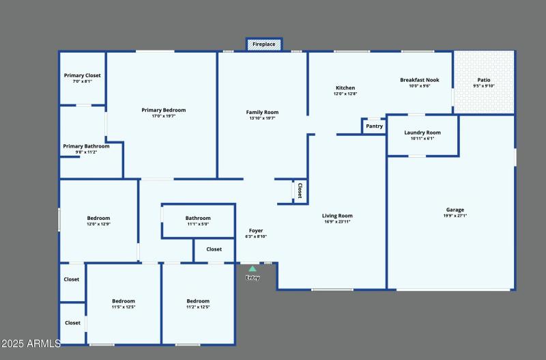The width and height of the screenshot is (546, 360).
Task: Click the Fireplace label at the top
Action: click(x=264, y=44)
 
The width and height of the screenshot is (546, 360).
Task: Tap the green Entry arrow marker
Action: click(x=253, y=269)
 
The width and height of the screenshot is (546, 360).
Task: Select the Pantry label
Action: click(x=374, y=126)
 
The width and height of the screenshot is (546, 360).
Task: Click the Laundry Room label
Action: click(x=422, y=133)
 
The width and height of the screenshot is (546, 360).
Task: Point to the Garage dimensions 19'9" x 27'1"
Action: click(x=455, y=216)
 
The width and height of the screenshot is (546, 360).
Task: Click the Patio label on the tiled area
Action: click(x=483, y=80)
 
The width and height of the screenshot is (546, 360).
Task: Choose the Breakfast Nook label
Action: click(x=419, y=80)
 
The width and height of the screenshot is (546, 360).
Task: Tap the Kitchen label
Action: click(x=345, y=87)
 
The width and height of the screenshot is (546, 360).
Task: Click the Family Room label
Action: click(x=262, y=112)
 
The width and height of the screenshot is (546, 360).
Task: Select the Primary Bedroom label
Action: click(x=163, y=110)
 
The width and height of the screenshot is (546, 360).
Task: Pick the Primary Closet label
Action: click(x=82, y=75)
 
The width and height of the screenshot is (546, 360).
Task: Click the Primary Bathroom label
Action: click(x=86, y=146)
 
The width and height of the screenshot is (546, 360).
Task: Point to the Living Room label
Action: click(x=337, y=216)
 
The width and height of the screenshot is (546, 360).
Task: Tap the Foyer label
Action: click(x=255, y=231)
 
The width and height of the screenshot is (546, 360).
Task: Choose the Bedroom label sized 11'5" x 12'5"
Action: click(x=124, y=301)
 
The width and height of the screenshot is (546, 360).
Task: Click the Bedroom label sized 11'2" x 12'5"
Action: click(x=198, y=301)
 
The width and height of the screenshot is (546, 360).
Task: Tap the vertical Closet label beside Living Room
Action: click(x=299, y=191)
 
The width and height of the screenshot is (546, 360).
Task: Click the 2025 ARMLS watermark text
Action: click(x=31, y=343)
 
